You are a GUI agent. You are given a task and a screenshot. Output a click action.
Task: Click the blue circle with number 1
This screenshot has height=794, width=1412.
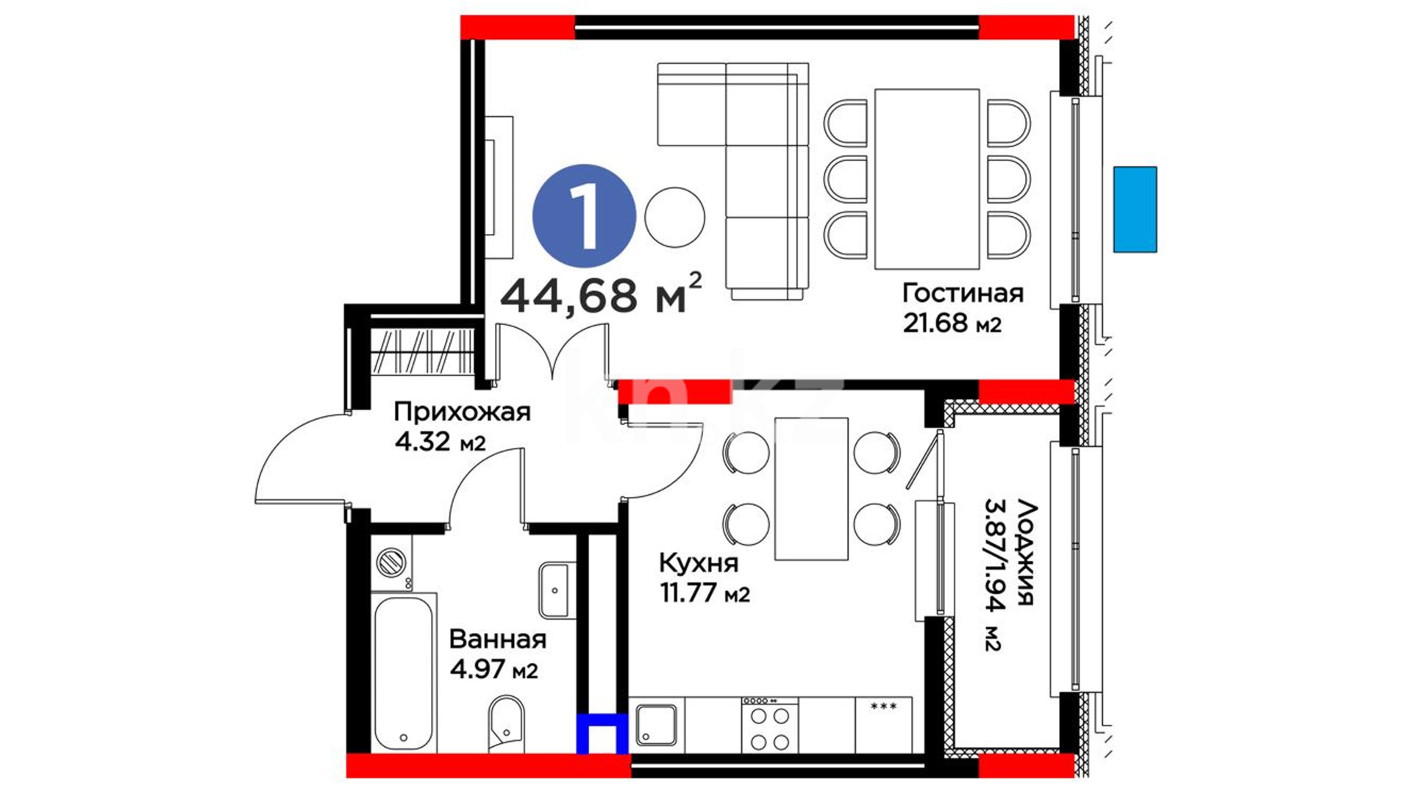coord(584,215)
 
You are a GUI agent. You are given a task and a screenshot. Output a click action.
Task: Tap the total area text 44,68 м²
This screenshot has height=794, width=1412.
coord(601,293)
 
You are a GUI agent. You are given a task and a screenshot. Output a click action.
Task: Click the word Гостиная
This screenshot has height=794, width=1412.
coord(963,293)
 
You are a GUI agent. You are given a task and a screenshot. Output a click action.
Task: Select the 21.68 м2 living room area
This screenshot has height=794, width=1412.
coord(952,323)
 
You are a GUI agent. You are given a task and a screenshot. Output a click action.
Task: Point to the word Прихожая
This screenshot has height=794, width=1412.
coord(462,412)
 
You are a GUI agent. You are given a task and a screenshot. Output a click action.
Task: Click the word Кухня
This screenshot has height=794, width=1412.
coord(699,563)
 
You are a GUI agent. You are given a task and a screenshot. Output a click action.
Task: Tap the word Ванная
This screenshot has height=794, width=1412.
coord(498,640)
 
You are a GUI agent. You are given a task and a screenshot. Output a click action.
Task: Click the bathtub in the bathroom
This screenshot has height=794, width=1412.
coord(403,673)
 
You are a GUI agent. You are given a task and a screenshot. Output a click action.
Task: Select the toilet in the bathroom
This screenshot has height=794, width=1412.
coord(506,724)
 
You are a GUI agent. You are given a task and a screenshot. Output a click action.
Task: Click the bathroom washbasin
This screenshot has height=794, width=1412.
coord(554,590)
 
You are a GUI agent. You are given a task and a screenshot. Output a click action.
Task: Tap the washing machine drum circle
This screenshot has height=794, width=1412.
coord(391,563)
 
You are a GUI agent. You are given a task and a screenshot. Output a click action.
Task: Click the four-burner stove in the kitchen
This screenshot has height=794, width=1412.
coord(769,725)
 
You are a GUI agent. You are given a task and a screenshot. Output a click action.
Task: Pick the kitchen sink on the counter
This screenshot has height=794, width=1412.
coord(657,726)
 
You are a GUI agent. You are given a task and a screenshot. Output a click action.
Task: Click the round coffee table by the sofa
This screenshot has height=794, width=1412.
coord(674,218)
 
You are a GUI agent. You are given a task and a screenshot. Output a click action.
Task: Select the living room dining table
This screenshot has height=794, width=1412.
coord(927,179)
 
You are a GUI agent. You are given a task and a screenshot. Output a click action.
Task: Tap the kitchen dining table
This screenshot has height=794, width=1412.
coord(811,489)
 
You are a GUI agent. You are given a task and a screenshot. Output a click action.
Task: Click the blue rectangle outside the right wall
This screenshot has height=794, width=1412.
coord(1135,210)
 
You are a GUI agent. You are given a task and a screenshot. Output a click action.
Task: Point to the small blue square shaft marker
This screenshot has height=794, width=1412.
coord(602,734)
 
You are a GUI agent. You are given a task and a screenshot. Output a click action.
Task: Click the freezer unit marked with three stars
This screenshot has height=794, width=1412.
coord(883,725)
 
